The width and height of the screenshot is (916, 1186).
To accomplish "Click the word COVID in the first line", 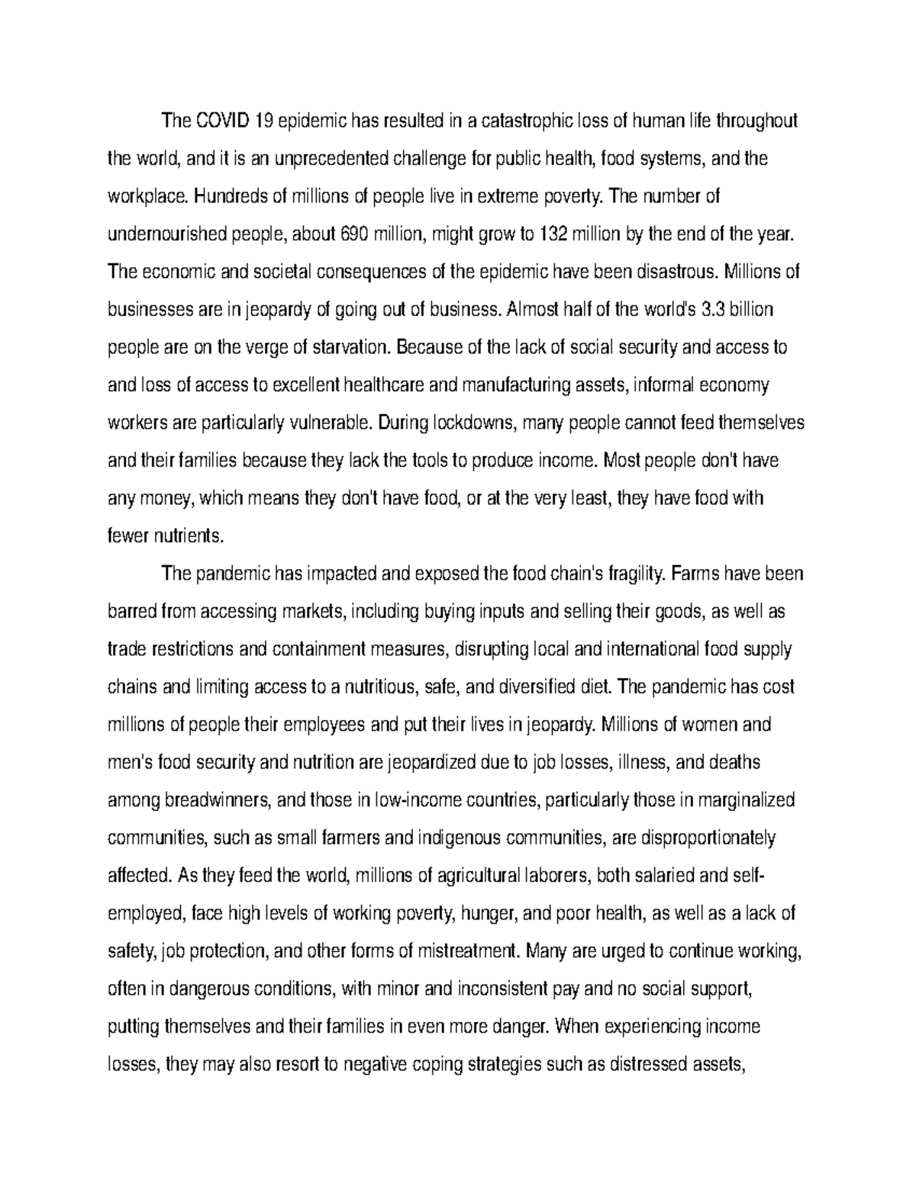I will click(222, 121).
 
